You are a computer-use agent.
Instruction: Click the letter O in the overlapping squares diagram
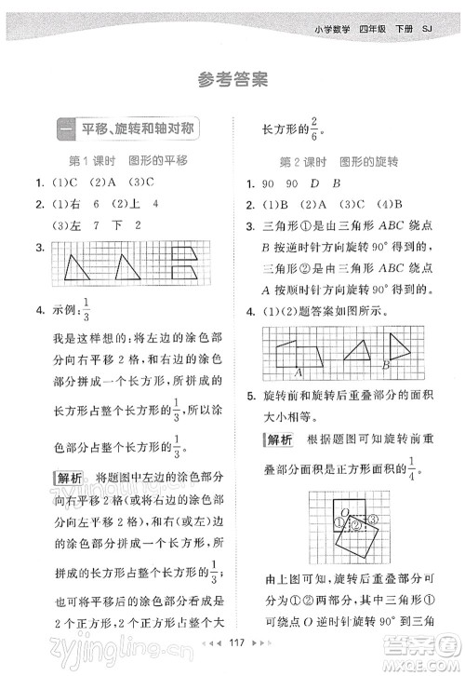coord(345,511)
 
